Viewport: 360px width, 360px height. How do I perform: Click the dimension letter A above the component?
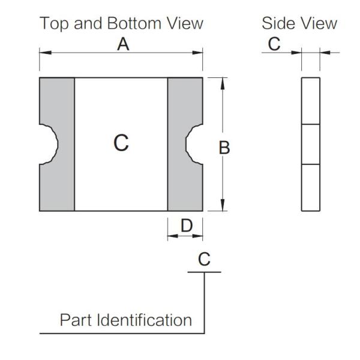123,44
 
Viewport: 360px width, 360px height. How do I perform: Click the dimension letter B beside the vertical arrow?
224,148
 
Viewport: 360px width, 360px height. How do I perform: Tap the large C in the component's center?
121,143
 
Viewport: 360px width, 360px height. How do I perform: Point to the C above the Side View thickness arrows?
274,44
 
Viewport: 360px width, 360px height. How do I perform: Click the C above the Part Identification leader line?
204,259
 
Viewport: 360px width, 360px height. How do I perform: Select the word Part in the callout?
76,320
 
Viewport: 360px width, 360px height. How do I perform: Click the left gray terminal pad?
57,180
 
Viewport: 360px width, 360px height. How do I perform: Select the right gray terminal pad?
185,180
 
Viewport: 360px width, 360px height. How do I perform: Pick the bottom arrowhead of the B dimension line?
223,206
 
